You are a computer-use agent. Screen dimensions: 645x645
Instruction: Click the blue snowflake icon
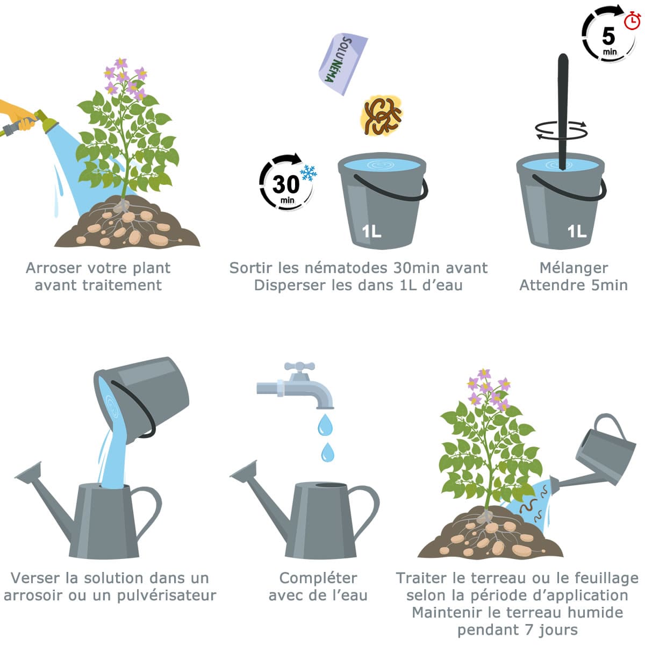309,173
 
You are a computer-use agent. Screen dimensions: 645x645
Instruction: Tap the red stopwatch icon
632,20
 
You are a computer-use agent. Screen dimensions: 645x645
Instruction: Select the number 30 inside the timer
285,184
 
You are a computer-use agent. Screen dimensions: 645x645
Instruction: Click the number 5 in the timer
608,36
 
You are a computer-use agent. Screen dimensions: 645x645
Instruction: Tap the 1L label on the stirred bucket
577,231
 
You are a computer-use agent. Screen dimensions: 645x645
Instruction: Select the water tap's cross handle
299,366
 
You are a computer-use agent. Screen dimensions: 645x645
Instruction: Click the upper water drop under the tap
325,425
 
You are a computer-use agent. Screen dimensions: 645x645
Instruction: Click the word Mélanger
574,268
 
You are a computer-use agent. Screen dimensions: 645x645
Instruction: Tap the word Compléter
318,578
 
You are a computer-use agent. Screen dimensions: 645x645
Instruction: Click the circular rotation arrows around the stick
561,129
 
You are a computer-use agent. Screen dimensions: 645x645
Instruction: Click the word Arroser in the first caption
54,268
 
